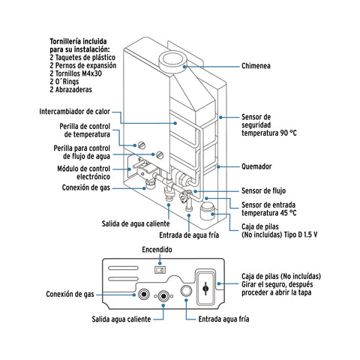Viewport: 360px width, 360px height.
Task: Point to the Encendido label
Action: [157, 249]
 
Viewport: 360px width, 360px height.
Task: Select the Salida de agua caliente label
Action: [136, 224]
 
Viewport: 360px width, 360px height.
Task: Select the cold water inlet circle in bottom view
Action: [187, 292]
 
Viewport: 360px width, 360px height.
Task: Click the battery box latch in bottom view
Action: [206, 287]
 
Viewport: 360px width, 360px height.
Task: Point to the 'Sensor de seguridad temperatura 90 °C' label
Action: [268, 126]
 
